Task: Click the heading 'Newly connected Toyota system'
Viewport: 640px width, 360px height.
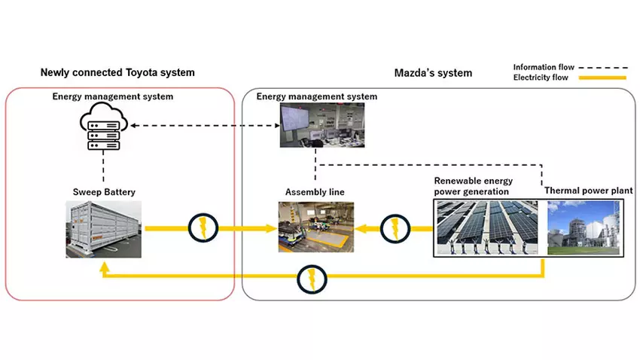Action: [117, 72]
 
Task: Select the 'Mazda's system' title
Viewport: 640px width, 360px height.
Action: [433, 72]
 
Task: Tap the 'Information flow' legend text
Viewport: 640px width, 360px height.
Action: [544, 67]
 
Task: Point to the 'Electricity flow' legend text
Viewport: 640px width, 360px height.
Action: [541, 77]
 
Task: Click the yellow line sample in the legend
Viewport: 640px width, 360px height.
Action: [602, 78]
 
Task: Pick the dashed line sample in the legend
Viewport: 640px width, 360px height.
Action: [602, 67]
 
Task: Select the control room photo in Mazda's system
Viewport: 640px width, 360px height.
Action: [317, 125]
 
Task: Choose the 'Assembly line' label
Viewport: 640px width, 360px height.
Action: [315, 192]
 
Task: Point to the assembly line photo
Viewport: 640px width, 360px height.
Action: [315, 226]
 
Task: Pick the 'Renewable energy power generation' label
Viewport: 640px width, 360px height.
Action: [473, 186]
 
